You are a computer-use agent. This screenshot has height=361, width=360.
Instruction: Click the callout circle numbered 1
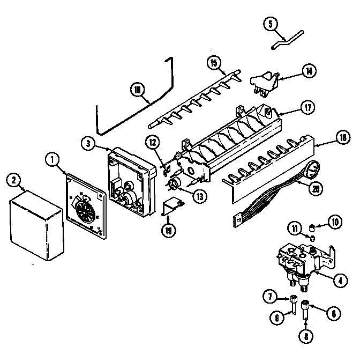pos(52,159)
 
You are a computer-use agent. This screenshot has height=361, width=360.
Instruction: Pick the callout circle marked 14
pos(308,70)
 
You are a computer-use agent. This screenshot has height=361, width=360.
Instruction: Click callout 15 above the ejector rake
pos(213,63)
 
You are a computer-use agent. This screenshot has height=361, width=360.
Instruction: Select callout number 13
pos(199,196)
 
